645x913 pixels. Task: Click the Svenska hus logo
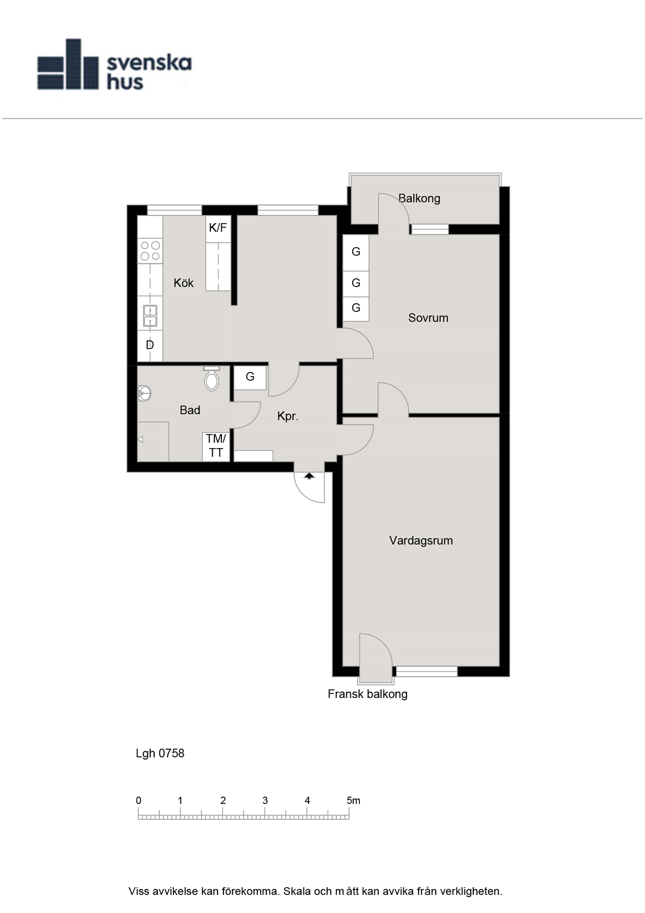pos(114,64)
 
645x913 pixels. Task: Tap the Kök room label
pos(183,283)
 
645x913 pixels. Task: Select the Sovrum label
pos(428,318)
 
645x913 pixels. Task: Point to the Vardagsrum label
pos(421,540)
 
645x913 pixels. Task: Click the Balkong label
pos(419,198)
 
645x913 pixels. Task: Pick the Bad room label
pos(190,410)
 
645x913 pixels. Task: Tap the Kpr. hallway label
pos(288,416)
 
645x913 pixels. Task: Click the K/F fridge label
pos(218,228)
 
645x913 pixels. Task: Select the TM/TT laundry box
pos(216,447)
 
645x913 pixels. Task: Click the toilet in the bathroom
pos(212,378)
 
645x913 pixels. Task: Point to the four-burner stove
pos(150,251)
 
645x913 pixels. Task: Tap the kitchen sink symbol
pos(150,316)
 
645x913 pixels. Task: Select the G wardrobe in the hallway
pos(250,377)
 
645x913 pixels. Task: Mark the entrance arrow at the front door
pos(309,476)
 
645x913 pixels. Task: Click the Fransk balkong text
pos(367,694)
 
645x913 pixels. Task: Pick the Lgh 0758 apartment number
pos(160,754)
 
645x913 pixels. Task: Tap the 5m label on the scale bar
pos(353,800)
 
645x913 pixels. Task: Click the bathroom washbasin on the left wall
pos(144,393)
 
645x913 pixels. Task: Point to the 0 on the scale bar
pos(138,800)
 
